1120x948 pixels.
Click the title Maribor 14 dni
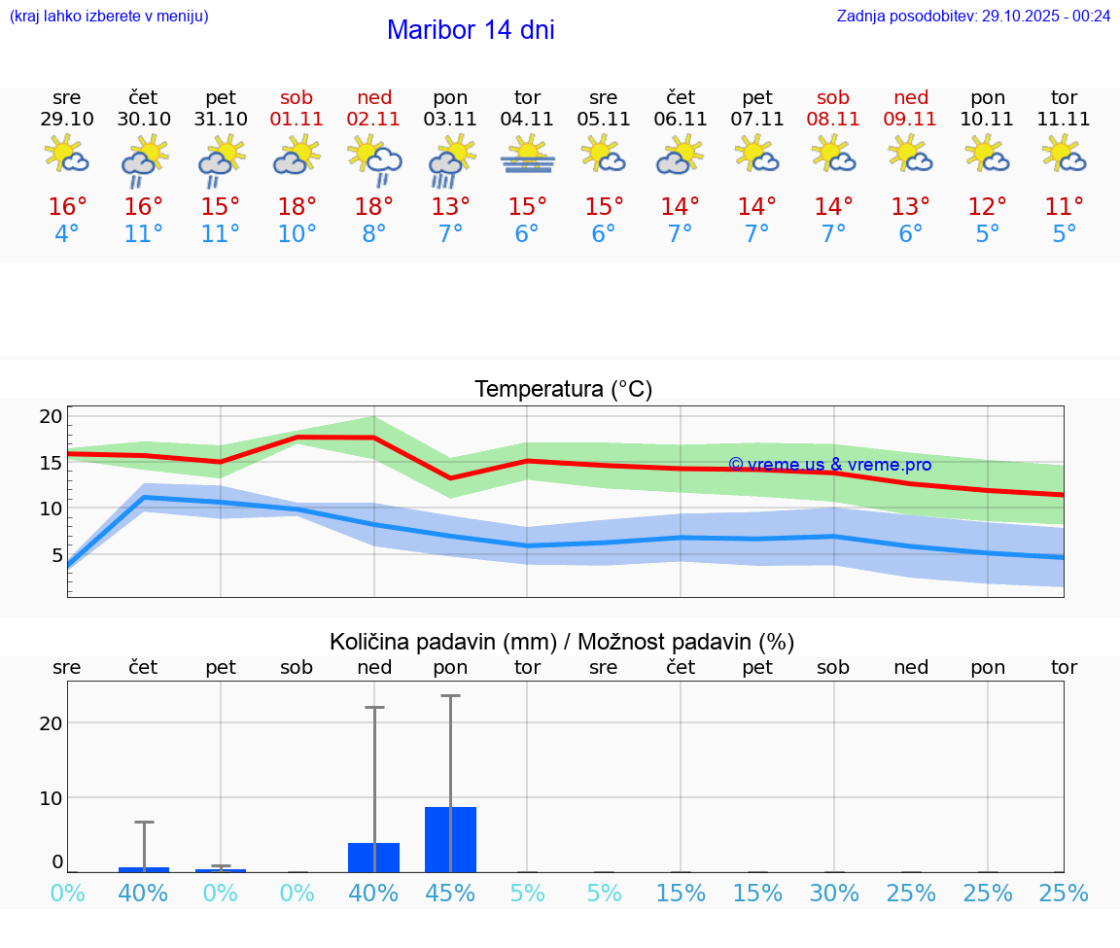click(x=471, y=30)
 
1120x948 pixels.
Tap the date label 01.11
click(x=297, y=120)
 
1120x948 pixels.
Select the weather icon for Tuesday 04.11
click(x=527, y=156)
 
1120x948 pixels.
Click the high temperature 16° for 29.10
click(x=67, y=206)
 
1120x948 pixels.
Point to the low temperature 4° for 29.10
click(x=67, y=234)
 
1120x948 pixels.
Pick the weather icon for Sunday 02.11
click(x=374, y=158)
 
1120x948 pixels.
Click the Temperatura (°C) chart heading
click(x=563, y=390)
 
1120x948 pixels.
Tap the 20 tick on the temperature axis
click(x=51, y=416)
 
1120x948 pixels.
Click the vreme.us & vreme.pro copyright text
click(x=829, y=465)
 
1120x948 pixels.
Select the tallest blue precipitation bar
click(x=450, y=839)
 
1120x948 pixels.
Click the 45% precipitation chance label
click(x=450, y=894)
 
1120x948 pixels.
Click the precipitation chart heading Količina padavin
click(x=562, y=642)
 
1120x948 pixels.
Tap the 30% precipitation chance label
click(x=834, y=894)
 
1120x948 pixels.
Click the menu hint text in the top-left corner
click(x=108, y=17)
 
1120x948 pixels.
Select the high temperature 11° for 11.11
click(x=1065, y=206)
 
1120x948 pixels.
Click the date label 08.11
click(x=834, y=120)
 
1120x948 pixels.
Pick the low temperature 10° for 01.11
click(x=297, y=234)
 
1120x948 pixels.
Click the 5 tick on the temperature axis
click(x=56, y=555)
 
